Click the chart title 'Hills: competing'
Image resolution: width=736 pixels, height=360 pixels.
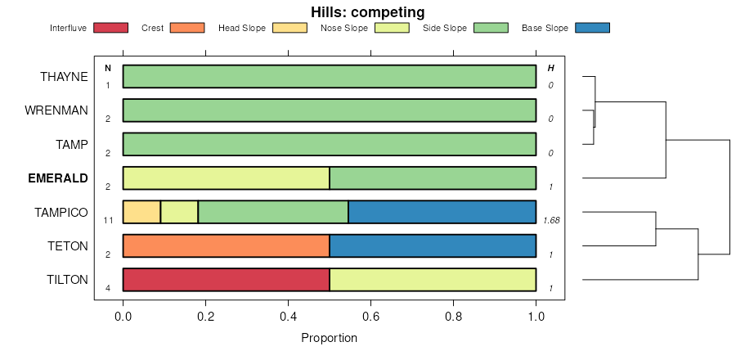tap(367, 11)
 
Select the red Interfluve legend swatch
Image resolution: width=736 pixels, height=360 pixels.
tap(111, 28)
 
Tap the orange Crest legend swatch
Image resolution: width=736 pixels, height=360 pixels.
tap(187, 28)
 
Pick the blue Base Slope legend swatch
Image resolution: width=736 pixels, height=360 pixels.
tap(592, 28)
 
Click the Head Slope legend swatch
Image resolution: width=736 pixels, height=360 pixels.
tap(289, 28)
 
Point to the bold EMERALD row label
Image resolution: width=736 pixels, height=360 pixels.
tap(58, 178)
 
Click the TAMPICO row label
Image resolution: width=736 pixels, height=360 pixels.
tap(61, 212)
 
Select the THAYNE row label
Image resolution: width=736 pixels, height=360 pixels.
tap(64, 77)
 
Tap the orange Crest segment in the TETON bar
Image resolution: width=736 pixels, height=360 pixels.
tap(226, 245)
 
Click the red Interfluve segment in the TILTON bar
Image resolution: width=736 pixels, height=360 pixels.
tap(226, 279)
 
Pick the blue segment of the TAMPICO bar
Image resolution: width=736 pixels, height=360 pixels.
tap(442, 212)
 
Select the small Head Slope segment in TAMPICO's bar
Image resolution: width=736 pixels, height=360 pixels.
tap(141, 212)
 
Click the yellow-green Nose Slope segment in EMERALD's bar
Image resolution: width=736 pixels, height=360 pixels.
tap(226, 178)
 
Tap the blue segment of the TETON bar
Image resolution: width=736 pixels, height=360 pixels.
tap(433, 245)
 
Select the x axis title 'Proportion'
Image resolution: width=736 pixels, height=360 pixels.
tap(329, 338)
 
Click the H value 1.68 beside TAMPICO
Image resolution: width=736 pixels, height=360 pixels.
tap(550, 220)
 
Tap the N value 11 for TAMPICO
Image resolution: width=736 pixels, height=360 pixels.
tap(107, 220)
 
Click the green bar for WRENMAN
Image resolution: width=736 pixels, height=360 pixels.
tap(329, 110)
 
